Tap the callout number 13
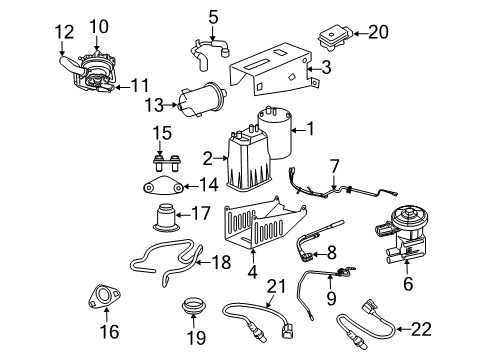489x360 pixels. (153, 105)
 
